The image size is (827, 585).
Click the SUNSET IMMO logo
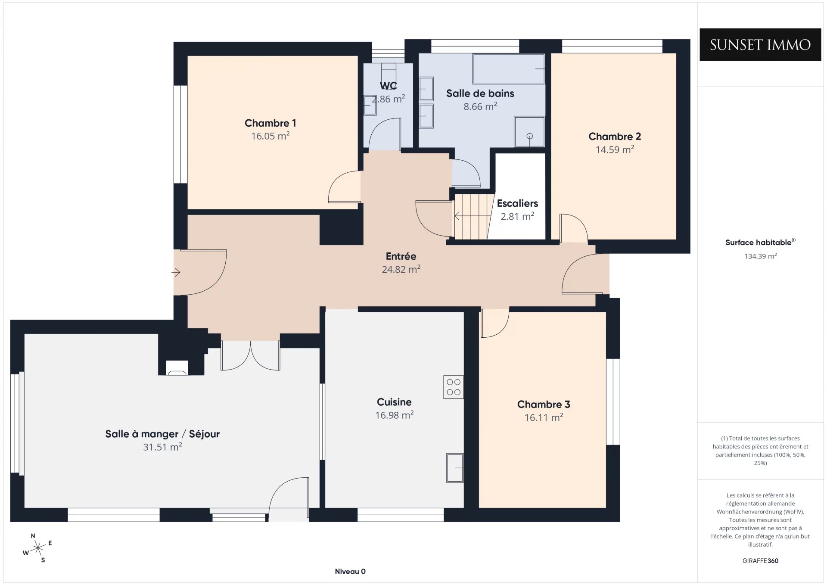pos(760,45)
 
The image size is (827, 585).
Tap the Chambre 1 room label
pos(270,123)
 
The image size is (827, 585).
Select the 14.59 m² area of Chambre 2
pos(615,149)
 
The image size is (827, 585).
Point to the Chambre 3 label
pos(544,405)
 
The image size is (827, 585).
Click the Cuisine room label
pos(394,402)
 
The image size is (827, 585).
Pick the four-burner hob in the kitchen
pos(454,387)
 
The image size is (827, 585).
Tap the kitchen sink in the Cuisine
pos(455,468)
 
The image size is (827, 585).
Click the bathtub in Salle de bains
pos(509,68)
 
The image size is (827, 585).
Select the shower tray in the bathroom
pos(529,132)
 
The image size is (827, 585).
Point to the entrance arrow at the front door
pos(176,272)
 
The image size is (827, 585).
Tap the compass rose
pos(38,548)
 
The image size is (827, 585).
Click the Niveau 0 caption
pos(350,571)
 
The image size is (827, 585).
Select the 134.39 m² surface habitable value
pos(760,256)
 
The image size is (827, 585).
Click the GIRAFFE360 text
pos(760,560)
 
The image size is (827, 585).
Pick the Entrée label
pos(401,256)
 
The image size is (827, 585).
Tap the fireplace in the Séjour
pos(177,367)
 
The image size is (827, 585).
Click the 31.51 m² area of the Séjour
pos(162,447)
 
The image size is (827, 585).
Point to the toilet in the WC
pos(370,105)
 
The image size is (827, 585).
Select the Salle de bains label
pos(480,93)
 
